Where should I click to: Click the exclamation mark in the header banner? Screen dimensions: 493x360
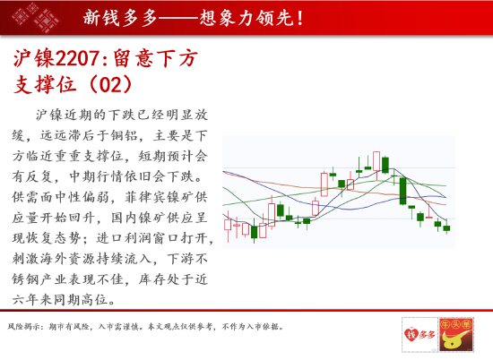(x=299, y=17)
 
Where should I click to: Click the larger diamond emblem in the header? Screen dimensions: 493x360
(x=47, y=21)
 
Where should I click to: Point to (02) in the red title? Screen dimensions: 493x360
(x=110, y=84)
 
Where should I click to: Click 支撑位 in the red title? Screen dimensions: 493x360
(x=44, y=84)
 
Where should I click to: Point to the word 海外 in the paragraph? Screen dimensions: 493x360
(x=68, y=259)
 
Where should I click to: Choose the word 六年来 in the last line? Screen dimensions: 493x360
(x=32, y=300)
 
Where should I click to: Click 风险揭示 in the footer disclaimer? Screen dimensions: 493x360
(x=23, y=327)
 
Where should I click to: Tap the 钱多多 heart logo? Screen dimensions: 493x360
(x=419, y=335)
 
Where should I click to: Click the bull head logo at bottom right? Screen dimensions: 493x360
(x=456, y=335)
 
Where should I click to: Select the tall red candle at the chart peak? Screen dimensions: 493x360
(x=376, y=161)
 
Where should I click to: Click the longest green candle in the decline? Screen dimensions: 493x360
(x=403, y=191)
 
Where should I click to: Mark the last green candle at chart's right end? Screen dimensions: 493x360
(x=446, y=227)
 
